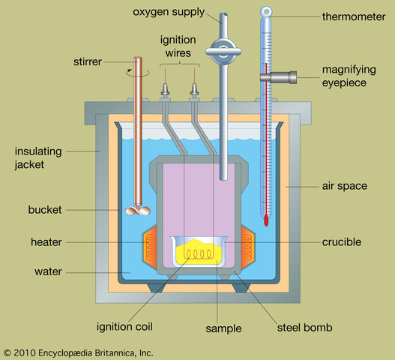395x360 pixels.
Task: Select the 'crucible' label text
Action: click(342, 242)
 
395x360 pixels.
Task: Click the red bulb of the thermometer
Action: click(266, 220)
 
